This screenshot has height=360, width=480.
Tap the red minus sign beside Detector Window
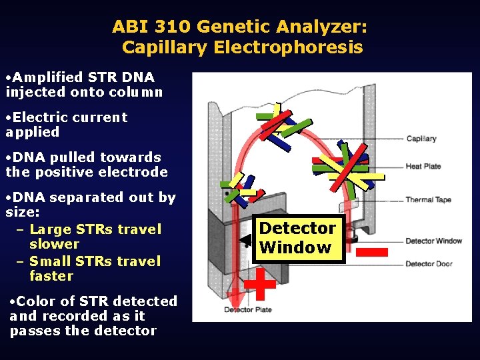pos(371,252)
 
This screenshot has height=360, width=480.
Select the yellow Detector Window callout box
pos(297,238)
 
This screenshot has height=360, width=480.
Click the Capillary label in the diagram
pos(421,139)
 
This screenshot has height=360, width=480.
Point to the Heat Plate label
pos(423,166)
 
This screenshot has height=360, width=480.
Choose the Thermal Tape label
pos(428,199)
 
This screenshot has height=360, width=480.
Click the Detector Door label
pos(429,264)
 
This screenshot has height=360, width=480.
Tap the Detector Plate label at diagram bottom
pos(247,310)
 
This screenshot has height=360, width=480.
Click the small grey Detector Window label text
pos(433,241)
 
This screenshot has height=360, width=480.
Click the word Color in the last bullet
pos(36,301)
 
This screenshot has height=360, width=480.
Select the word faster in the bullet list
pos(51,276)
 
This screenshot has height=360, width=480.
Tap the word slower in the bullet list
pos(54,244)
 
